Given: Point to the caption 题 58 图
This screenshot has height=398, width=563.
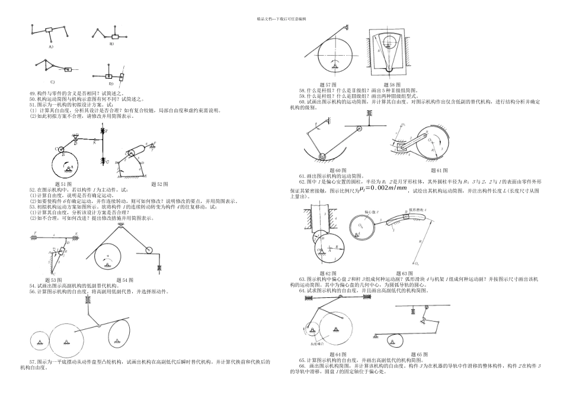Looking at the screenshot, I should pyautogui.click(x=394, y=85).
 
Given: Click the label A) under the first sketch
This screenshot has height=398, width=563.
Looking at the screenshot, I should pyautogui.click(x=51, y=46).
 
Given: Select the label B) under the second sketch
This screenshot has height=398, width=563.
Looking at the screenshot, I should pyautogui.click(x=111, y=44).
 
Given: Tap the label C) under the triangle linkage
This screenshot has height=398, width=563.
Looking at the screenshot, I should pyautogui.click(x=52, y=82).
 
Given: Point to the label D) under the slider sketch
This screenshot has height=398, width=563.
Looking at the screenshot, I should pyautogui.click(x=111, y=83).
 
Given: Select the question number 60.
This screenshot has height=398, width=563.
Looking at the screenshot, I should pyautogui.click(x=302, y=101).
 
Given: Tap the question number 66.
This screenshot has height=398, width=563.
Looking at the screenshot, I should pyautogui.click(x=302, y=365).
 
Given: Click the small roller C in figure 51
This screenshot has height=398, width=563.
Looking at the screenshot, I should pyautogui.click(x=60, y=149).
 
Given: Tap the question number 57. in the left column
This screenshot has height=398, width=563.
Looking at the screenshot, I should pyautogui.click(x=33, y=361).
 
